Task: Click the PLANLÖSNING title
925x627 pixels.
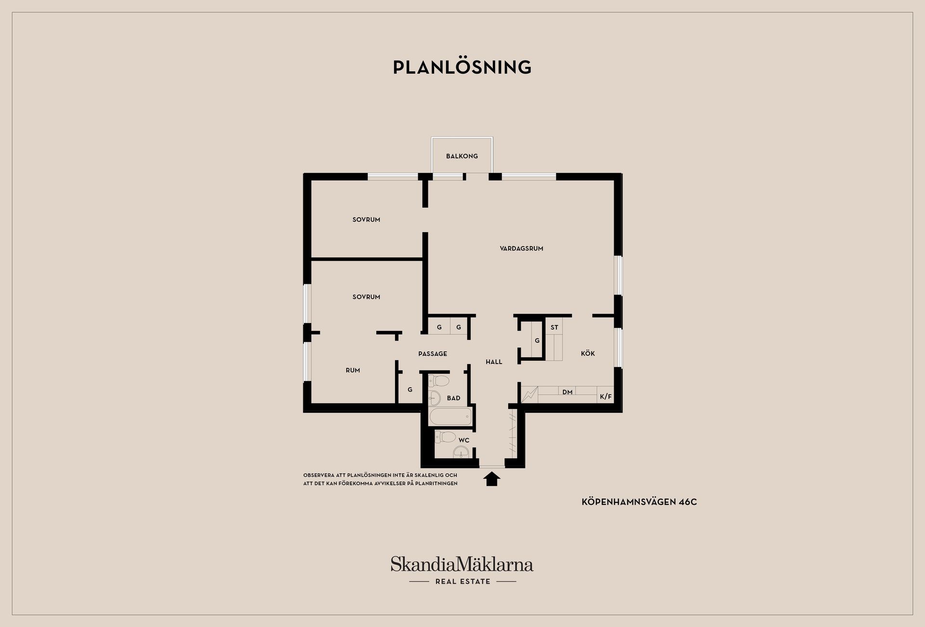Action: (462, 67)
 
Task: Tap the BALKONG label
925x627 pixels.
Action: (462, 156)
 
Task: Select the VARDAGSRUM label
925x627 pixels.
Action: (521, 248)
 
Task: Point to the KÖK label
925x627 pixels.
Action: (588, 353)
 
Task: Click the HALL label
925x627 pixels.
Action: (494, 362)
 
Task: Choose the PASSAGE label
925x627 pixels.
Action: (433, 353)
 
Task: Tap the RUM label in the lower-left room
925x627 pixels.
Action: (353, 370)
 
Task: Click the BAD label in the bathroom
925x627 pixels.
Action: (453, 398)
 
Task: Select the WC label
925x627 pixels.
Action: (463, 440)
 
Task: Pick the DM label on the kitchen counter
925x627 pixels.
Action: (568, 392)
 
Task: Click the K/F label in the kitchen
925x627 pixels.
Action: (606, 397)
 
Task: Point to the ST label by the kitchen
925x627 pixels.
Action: (555, 327)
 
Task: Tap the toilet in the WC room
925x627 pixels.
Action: (446, 437)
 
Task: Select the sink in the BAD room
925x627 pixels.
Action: (435, 398)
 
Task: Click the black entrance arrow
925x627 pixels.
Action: (492, 479)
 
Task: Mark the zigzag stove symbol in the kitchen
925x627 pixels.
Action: (529, 395)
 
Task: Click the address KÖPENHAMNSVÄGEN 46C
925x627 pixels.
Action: (639, 502)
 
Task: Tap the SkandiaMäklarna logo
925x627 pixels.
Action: (462, 564)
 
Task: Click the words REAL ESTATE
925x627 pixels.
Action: (462, 582)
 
